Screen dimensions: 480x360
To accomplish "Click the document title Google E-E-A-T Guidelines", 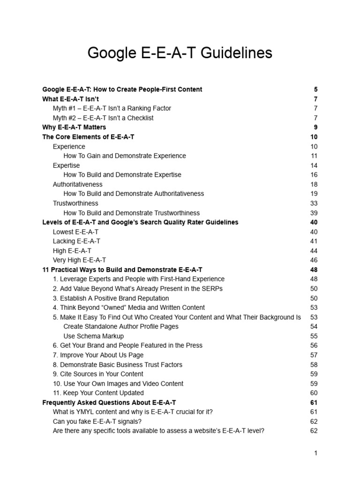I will tap(180, 53).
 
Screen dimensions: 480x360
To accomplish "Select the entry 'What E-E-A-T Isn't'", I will tap(70, 99).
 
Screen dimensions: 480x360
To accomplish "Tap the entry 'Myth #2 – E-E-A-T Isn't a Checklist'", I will tap(103, 118).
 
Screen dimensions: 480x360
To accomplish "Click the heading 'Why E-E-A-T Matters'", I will tap(74, 127).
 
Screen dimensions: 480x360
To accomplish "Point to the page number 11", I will tap(314, 156).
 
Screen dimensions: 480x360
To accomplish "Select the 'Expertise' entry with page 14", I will tap(66, 165).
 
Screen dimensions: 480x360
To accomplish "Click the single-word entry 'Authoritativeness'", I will tap(77, 184).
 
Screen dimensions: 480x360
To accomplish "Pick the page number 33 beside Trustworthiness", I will tap(314, 203).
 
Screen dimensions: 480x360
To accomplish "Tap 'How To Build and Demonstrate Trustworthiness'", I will tap(131, 213).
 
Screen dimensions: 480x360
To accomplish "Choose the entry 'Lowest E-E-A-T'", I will tap(75, 232).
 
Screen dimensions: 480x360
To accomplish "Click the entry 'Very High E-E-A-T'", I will tap(79, 260).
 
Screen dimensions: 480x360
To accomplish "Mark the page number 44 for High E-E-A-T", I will tap(314, 250).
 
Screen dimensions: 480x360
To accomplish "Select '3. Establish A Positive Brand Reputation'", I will tap(111, 298).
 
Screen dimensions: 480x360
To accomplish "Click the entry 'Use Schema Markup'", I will tap(93, 336).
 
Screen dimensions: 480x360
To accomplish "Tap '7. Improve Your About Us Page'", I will tap(98, 355).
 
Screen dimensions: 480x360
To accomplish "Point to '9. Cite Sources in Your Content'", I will tap(98, 374).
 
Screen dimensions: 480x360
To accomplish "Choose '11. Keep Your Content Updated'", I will tap(98, 393).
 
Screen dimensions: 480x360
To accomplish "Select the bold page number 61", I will tap(314, 402).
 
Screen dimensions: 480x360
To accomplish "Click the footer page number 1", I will tap(316, 453).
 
